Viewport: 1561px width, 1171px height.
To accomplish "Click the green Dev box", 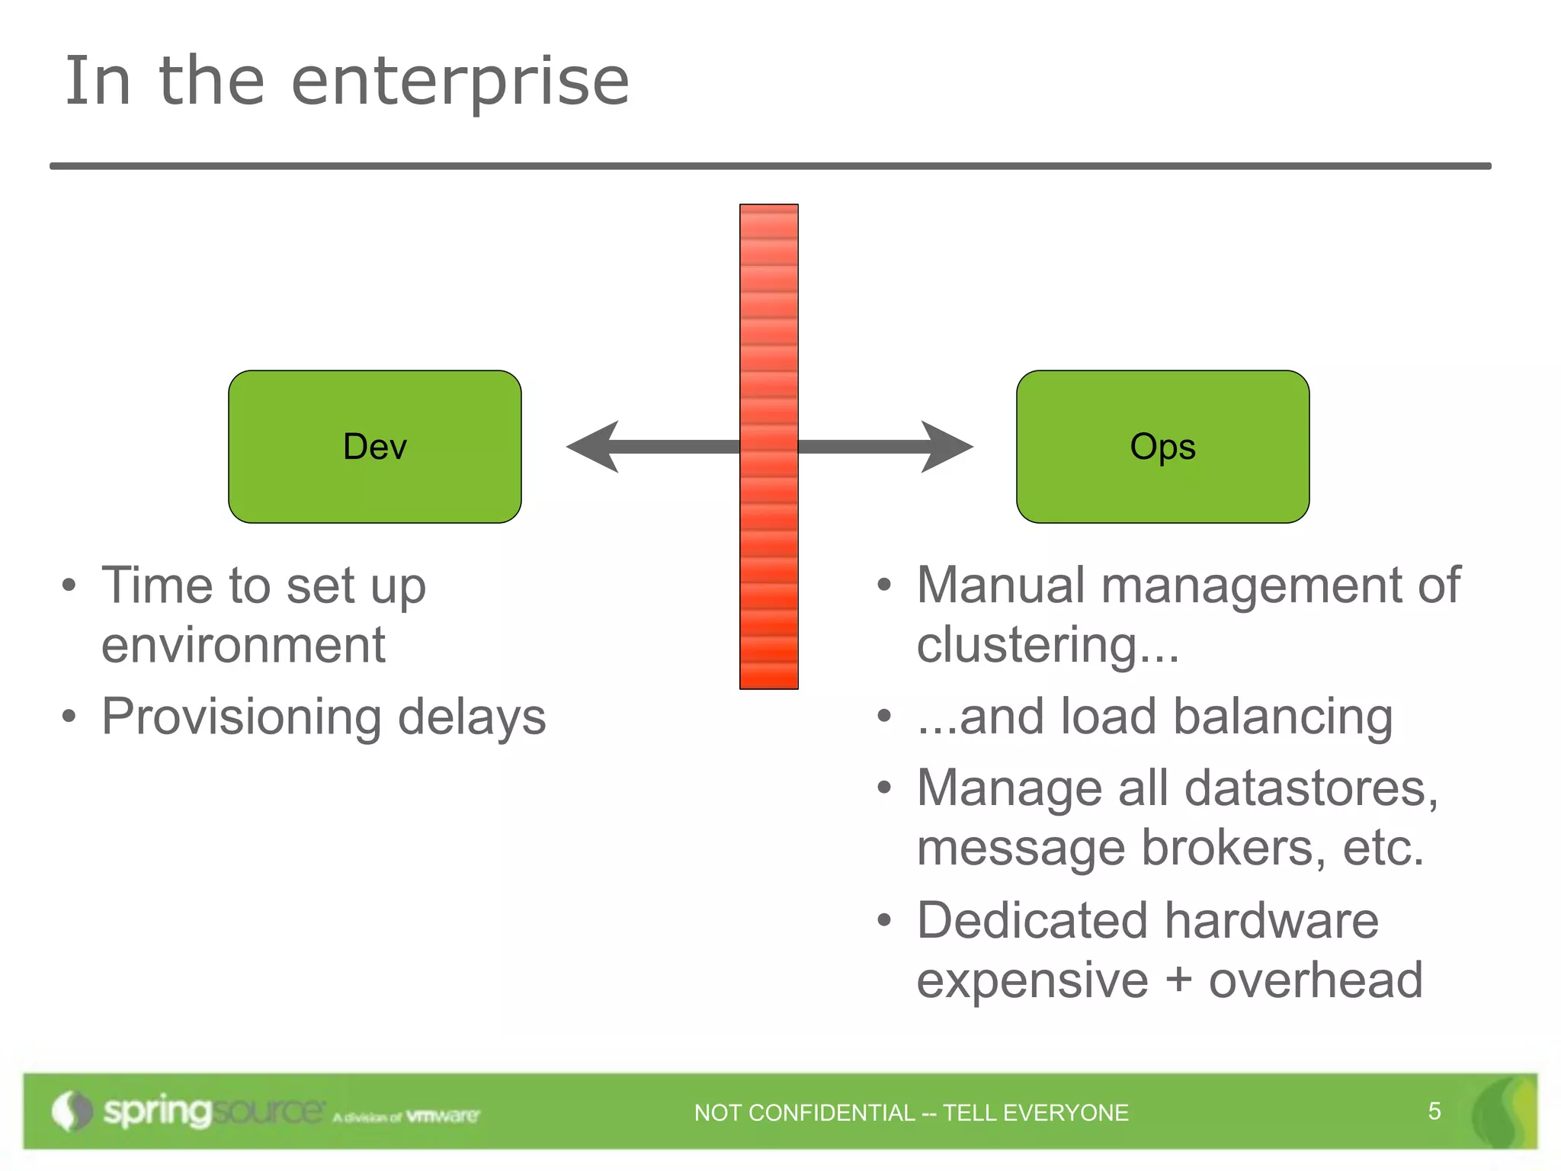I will pyautogui.click(x=374, y=447).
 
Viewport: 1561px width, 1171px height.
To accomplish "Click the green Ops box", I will pyautogui.click(x=1162, y=447).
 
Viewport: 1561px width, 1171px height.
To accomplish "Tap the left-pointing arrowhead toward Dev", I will pyautogui.click(x=595, y=447).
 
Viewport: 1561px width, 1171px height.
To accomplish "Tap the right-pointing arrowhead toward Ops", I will pyautogui.click(x=945, y=447).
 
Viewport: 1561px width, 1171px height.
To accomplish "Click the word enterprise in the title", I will pyautogui.click(x=460, y=82).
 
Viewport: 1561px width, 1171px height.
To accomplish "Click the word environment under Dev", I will pyautogui.click(x=243, y=645).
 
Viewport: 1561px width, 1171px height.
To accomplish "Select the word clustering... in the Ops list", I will pyautogui.click(x=1047, y=645).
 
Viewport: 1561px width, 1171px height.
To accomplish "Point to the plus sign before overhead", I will pyautogui.click(x=1178, y=980).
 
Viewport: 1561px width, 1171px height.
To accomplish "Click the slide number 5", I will pyautogui.click(x=1434, y=1112).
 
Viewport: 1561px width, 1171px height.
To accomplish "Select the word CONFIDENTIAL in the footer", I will pyautogui.click(x=832, y=1113).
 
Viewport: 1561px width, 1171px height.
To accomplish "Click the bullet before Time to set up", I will pyautogui.click(x=69, y=586).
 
